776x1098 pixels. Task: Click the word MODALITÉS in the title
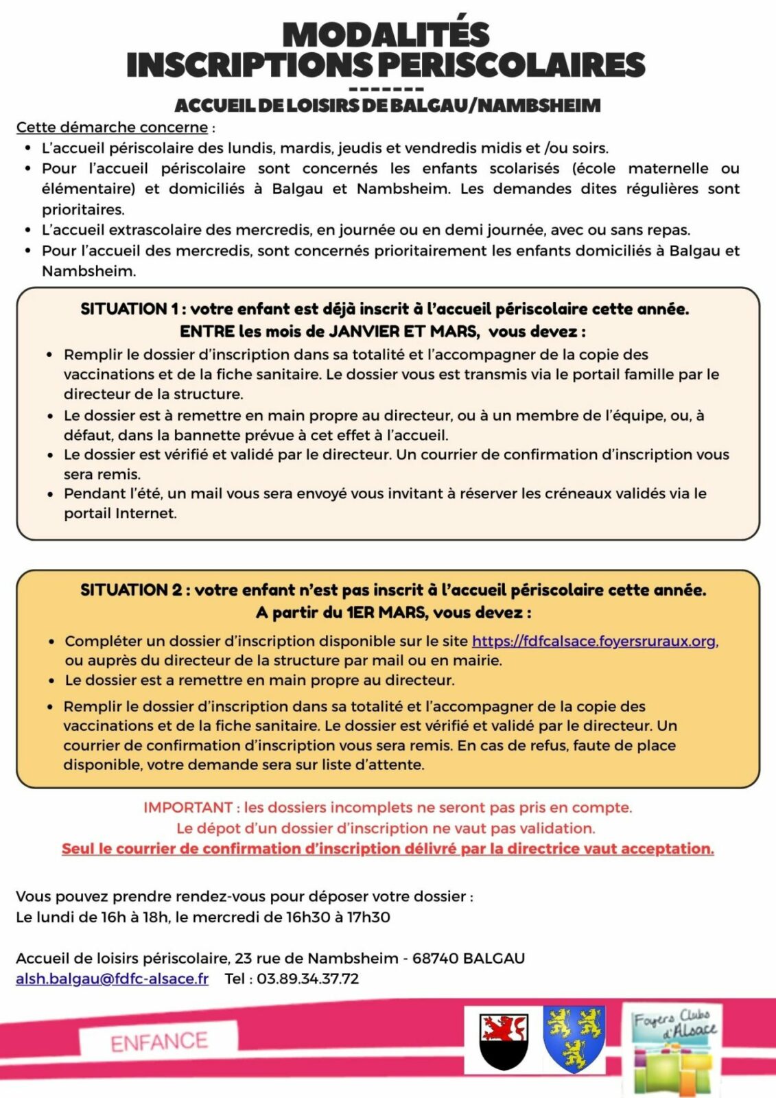point(386,34)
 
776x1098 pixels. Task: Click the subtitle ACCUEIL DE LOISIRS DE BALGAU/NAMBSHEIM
point(388,106)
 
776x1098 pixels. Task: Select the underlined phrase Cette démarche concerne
point(112,128)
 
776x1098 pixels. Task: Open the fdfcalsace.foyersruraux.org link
point(594,641)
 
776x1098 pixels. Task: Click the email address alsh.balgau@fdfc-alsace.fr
point(112,979)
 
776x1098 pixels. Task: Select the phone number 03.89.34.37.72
point(307,979)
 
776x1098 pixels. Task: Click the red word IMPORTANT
point(188,808)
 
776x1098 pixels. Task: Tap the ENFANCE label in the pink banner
point(158,1042)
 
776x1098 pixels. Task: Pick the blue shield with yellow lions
point(574,1039)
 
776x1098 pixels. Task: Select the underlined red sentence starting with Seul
point(388,849)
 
